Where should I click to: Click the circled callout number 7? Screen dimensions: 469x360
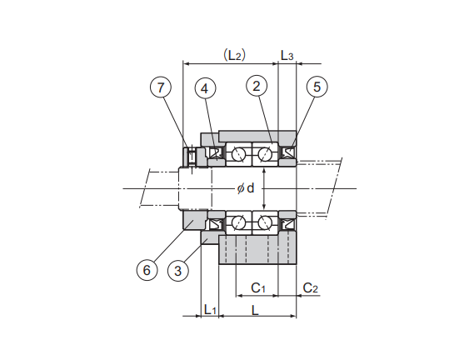(161, 87)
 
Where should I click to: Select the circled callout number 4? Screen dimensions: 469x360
(205, 88)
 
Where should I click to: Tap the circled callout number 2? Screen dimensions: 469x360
(257, 86)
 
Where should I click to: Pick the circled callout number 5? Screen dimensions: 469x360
(317, 87)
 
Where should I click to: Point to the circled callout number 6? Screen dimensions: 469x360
(147, 270)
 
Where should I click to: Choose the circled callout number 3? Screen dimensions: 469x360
(178, 271)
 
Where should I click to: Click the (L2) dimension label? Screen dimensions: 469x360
(235, 55)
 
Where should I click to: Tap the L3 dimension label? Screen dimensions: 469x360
(287, 55)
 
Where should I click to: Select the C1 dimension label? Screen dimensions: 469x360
(258, 287)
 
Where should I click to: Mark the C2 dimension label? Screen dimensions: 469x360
(311, 287)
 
